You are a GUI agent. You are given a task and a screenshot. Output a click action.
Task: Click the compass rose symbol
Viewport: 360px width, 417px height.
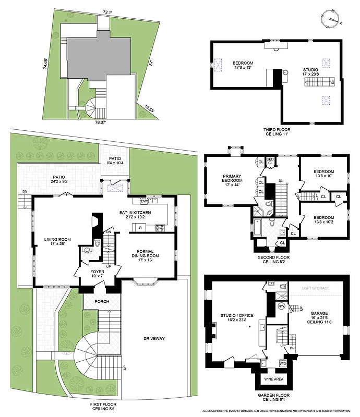(331, 18)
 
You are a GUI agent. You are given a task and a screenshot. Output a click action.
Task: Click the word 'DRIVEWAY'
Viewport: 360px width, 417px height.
(154, 339)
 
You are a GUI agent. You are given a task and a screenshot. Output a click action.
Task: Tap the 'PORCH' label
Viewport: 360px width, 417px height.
(102, 302)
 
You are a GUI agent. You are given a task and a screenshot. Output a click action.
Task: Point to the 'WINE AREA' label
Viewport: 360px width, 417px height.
(275, 379)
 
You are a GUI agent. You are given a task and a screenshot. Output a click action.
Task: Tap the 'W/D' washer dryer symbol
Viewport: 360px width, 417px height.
(282, 363)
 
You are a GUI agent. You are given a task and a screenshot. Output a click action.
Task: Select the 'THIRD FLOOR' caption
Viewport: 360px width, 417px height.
(277, 129)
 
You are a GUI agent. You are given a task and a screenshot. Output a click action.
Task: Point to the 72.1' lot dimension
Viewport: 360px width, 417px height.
(107, 11)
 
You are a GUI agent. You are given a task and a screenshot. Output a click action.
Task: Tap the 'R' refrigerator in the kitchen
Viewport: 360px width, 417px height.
(140, 228)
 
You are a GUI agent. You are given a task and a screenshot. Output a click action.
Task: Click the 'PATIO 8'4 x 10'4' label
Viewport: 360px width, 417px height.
(114, 161)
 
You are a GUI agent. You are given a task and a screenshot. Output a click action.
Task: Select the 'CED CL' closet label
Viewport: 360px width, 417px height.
(270, 161)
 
